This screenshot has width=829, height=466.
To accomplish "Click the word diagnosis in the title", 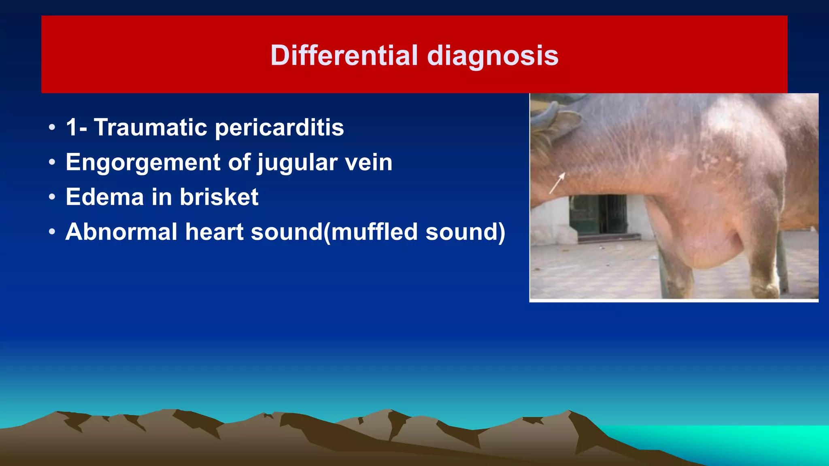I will click(x=493, y=56).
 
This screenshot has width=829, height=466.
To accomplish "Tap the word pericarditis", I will click(x=279, y=128).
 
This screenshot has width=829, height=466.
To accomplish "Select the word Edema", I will click(x=104, y=197).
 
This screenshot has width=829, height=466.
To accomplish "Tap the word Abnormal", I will click(x=121, y=232).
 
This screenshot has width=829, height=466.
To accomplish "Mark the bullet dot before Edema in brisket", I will click(x=52, y=197).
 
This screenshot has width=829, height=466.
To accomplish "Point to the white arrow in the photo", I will click(x=557, y=183).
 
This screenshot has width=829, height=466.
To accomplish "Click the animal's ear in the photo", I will click(x=561, y=121).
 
